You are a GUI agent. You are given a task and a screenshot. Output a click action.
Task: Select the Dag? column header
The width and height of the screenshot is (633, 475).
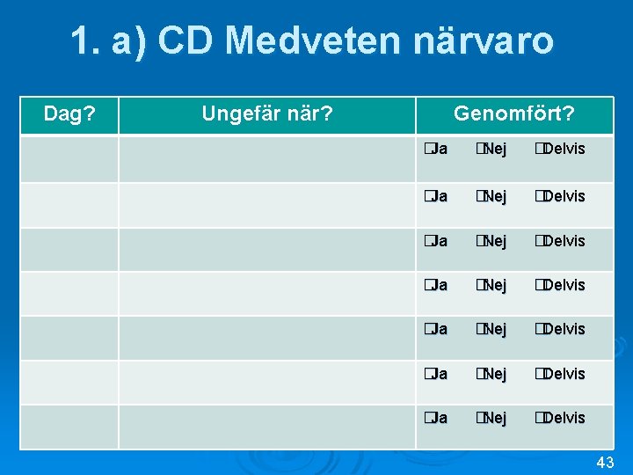[70, 114]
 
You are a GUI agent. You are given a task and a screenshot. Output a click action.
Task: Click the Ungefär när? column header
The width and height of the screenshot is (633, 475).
[266, 114]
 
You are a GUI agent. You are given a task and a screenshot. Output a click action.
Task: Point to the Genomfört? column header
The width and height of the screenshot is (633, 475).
[514, 114]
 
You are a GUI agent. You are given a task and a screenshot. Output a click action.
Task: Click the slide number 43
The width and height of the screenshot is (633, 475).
[605, 463]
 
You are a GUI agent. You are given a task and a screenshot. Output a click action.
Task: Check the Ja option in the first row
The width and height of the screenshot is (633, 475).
[434, 149]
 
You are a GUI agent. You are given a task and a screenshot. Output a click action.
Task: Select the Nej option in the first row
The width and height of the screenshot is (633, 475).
[491, 149]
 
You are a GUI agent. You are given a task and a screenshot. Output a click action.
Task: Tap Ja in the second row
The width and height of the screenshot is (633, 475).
[434, 195]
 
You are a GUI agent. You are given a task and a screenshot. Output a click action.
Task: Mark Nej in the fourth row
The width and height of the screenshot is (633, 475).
[491, 285]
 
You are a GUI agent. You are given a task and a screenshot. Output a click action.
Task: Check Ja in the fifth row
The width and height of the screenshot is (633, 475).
[434, 329]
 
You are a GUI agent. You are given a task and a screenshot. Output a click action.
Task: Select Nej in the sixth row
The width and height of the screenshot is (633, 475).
[491, 374]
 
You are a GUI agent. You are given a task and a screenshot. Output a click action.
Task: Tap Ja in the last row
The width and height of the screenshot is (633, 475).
[434, 418]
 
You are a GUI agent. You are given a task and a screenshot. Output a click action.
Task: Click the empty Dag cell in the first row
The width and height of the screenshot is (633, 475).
[70, 158]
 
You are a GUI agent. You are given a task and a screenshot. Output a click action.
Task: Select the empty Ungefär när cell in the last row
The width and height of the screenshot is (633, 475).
[266, 427]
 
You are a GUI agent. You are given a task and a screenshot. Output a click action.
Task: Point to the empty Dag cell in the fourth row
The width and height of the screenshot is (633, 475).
[70, 294]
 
